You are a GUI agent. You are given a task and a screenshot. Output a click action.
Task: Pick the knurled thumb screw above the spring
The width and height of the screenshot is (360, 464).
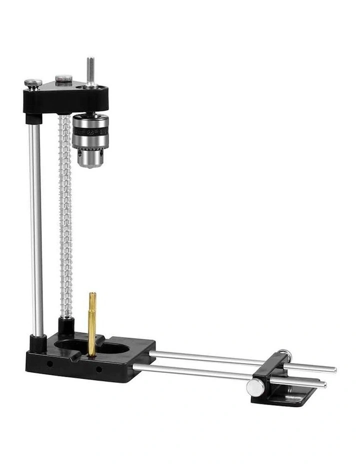tap(63, 79)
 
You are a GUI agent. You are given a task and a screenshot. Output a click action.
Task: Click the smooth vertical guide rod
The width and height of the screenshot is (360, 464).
tap(35, 230)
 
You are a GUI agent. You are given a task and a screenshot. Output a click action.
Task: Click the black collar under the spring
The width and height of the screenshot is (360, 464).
tap(66, 325)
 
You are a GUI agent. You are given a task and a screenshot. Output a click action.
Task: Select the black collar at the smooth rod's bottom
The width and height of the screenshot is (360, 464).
tap(38, 343)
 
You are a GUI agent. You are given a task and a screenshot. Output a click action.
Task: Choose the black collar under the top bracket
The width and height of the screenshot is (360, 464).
tap(33, 119)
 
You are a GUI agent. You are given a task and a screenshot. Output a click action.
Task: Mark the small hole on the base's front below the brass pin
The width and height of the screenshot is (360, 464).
tap(98, 369)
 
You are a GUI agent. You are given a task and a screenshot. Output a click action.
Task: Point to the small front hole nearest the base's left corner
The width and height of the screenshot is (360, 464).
tap(49, 363)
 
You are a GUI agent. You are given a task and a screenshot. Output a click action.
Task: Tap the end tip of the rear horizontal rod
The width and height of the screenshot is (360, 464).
tap(333, 370)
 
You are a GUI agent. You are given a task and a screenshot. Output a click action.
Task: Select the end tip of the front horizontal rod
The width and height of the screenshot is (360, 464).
tap(323, 384)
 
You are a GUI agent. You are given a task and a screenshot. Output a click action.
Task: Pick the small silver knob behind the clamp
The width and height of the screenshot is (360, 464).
tap(284, 353)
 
